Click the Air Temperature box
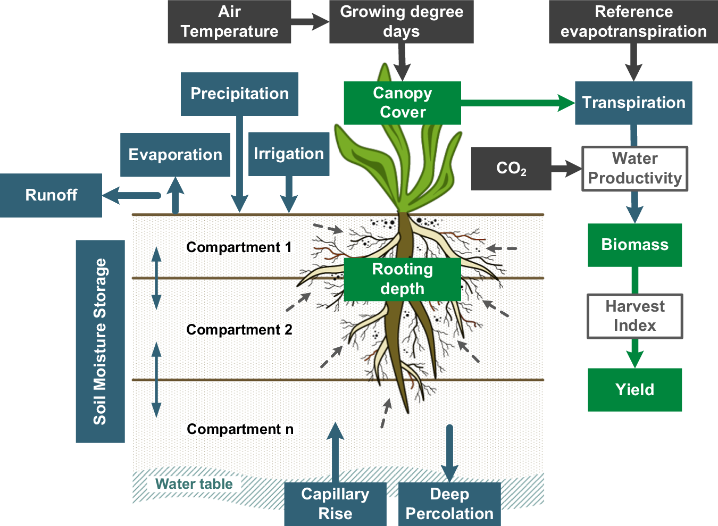click(229, 22)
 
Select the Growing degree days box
click(402, 22)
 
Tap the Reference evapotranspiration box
click(633, 22)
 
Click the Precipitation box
click(239, 94)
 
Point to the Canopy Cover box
click(403, 103)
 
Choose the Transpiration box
click(633, 103)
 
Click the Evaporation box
click(175, 155)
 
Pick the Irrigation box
click(289, 154)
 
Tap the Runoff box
click(51, 195)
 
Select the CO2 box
click(511, 169)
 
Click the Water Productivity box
click(634, 169)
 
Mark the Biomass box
click(634, 245)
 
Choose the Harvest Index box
click(634, 316)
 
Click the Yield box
click(634, 390)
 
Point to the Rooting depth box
click(403, 279)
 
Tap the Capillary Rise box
click(335, 504)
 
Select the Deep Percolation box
click(449, 504)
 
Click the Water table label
click(194, 484)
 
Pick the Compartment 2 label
click(239, 330)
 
